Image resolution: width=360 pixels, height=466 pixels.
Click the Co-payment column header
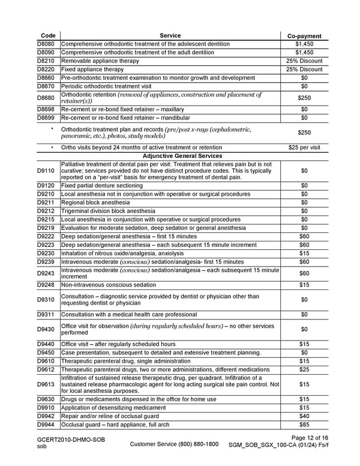pyautogui.click(x=305, y=36)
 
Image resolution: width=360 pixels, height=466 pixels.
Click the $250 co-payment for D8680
pyautogui.click(x=304, y=98)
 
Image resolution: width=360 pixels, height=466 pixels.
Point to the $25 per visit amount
pyautogui.click(x=304, y=147)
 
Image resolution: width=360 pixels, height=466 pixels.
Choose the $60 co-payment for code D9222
pyautogui.click(x=304, y=237)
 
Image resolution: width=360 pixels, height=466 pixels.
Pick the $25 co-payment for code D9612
pyautogui.click(x=304, y=369)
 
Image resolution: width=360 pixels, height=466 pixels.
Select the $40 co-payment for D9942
pyautogui.click(x=304, y=416)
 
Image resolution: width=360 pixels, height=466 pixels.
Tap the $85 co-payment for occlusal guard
pyautogui.click(x=304, y=424)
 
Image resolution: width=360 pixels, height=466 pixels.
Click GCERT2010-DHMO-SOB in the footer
pyautogui.click(x=71, y=440)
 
